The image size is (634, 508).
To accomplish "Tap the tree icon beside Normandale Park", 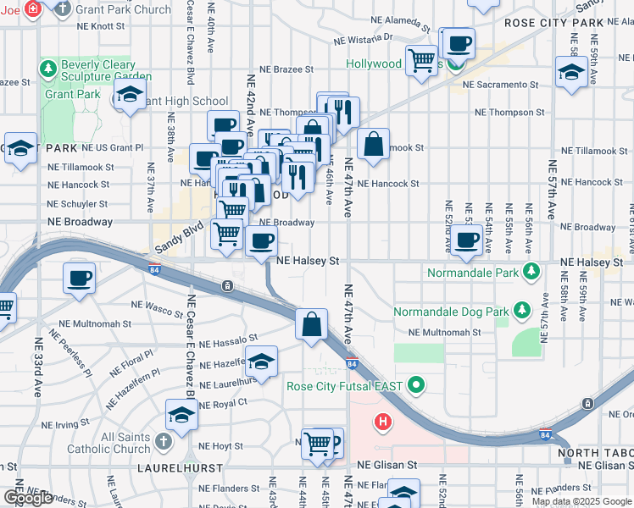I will coord(531,272).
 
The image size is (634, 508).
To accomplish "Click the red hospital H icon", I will coord(383,421).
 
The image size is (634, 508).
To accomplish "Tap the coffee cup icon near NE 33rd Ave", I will coord(80,278).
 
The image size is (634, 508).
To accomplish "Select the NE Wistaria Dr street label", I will coord(364,39).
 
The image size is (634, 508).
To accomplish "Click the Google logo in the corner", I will coord(27,498).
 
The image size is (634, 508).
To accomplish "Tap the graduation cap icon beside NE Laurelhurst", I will coord(262,361).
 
